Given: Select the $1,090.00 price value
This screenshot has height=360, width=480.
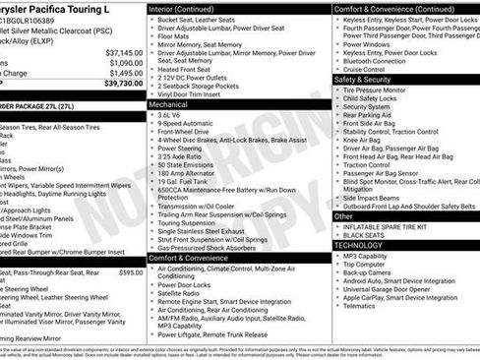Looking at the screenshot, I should coord(125,62).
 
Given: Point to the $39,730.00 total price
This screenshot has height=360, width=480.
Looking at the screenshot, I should coord(123,84).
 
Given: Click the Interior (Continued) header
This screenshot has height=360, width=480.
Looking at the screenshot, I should coord(188,7).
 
